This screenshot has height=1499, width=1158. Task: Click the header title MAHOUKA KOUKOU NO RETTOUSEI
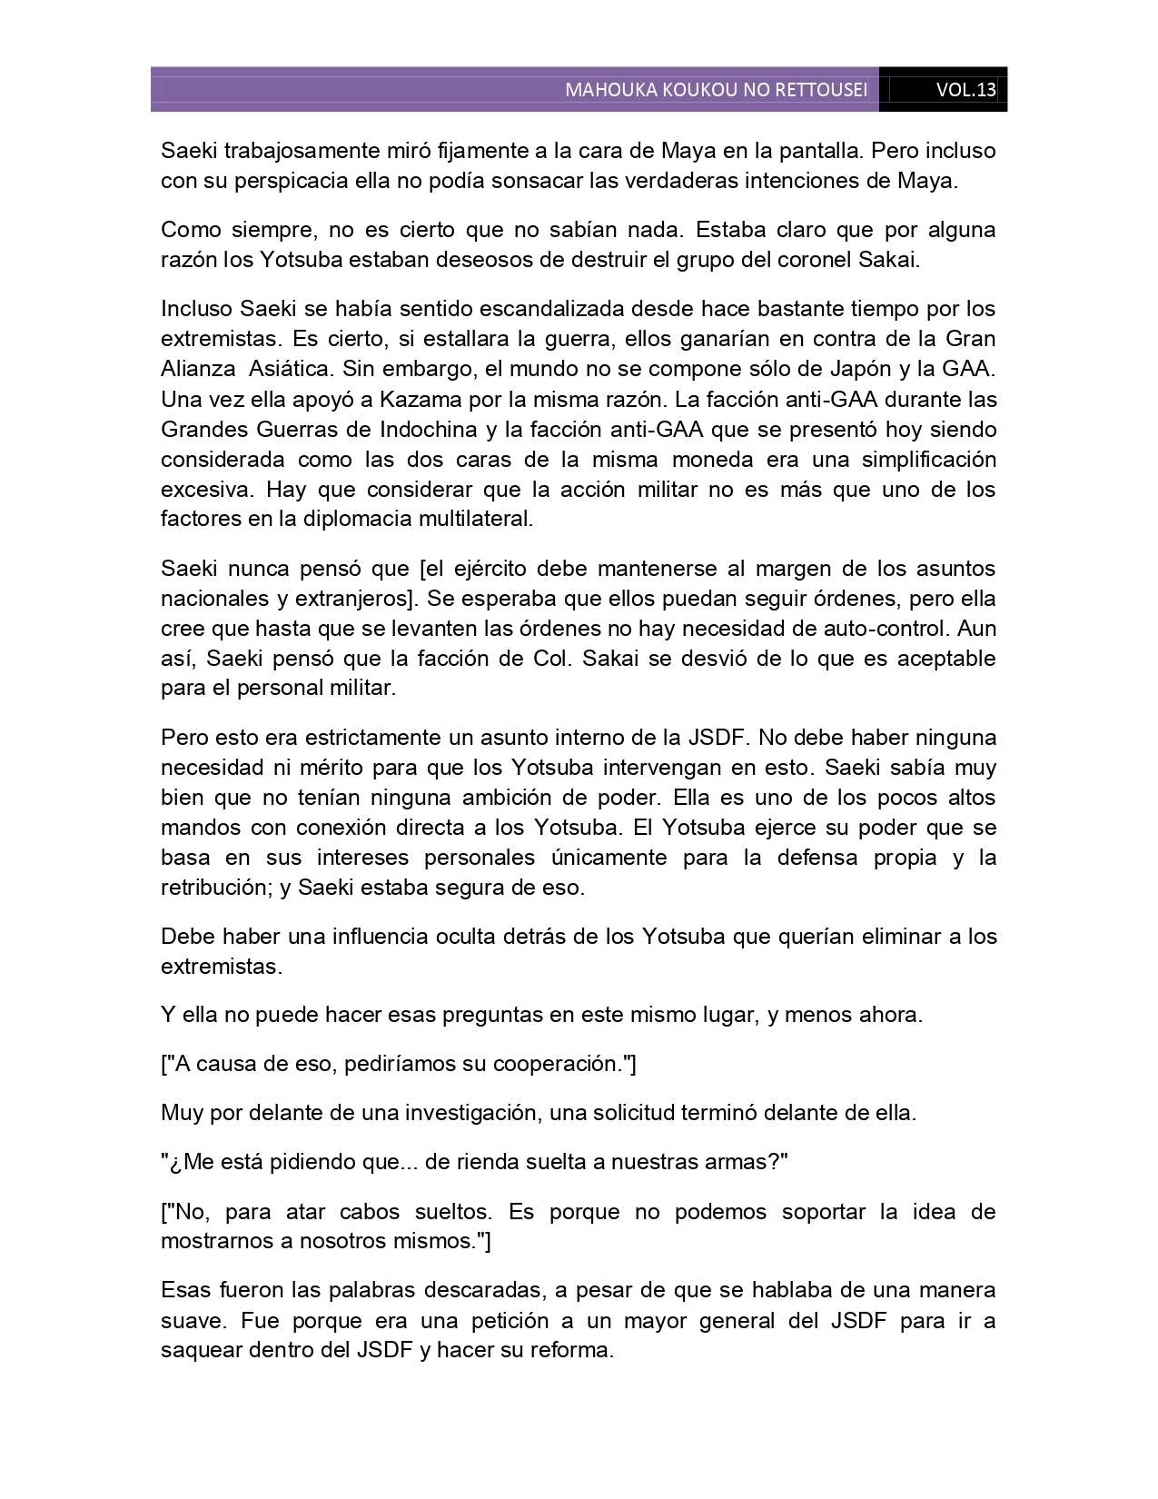click(x=716, y=90)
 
